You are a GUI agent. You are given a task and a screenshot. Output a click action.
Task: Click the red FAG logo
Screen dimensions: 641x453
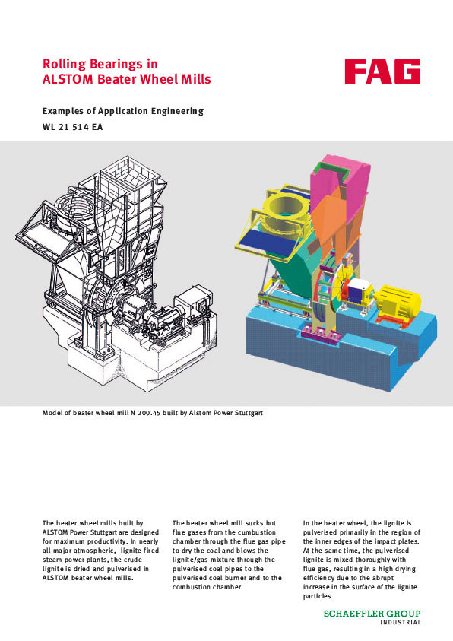click(x=382, y=72)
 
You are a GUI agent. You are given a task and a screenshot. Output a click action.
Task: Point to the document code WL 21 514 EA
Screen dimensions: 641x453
click(x=72, y=127)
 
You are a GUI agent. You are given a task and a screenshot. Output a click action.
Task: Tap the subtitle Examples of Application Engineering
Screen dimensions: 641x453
click(x=123, y=111)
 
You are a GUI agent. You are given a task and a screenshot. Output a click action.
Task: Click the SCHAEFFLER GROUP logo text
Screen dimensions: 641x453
click(x=372, y=614)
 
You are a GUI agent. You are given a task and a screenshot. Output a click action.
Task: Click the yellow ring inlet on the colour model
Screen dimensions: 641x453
click(x=282, y=208)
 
